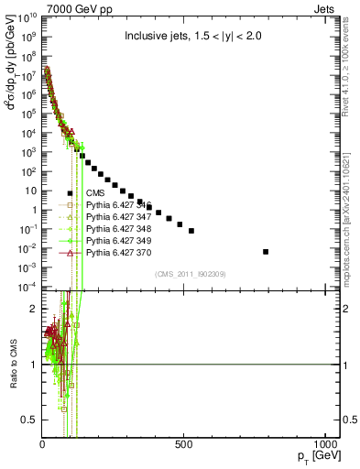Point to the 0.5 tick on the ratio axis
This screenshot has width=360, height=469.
(x=29, y=420)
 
